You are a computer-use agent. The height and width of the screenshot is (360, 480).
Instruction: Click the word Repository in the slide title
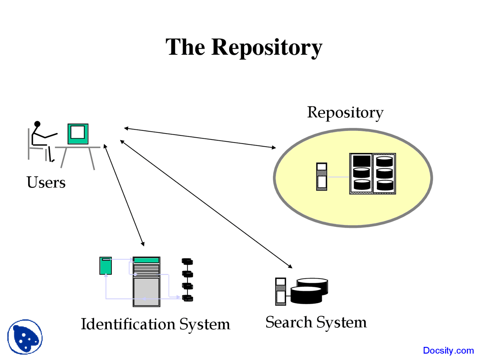point(267,47)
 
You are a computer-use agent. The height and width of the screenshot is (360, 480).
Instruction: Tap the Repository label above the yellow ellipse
point(345,112)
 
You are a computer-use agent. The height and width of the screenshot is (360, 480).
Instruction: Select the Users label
point(46,182)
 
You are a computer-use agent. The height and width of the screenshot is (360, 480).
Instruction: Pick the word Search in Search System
point(288,322)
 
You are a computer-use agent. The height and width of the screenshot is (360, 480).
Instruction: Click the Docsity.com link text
point(448,350)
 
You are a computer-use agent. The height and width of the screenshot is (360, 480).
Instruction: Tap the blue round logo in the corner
point(25,337)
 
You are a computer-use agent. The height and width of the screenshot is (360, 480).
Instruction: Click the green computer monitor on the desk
point(78,134)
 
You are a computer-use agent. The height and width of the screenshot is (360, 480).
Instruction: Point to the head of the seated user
point(37,124)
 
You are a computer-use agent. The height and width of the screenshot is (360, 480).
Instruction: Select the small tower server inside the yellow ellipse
point(322,177)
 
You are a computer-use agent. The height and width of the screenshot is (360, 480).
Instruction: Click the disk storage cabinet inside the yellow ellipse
point(372,173)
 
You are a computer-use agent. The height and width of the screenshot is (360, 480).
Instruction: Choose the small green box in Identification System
point(105,265)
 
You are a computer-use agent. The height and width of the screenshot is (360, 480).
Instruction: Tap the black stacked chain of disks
point(187,280)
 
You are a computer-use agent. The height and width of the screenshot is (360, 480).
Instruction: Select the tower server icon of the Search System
point(280,291)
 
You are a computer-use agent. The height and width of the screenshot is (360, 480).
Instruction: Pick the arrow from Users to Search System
point(206,204)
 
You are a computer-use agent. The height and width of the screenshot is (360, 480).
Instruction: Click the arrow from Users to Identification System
point(124,195)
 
